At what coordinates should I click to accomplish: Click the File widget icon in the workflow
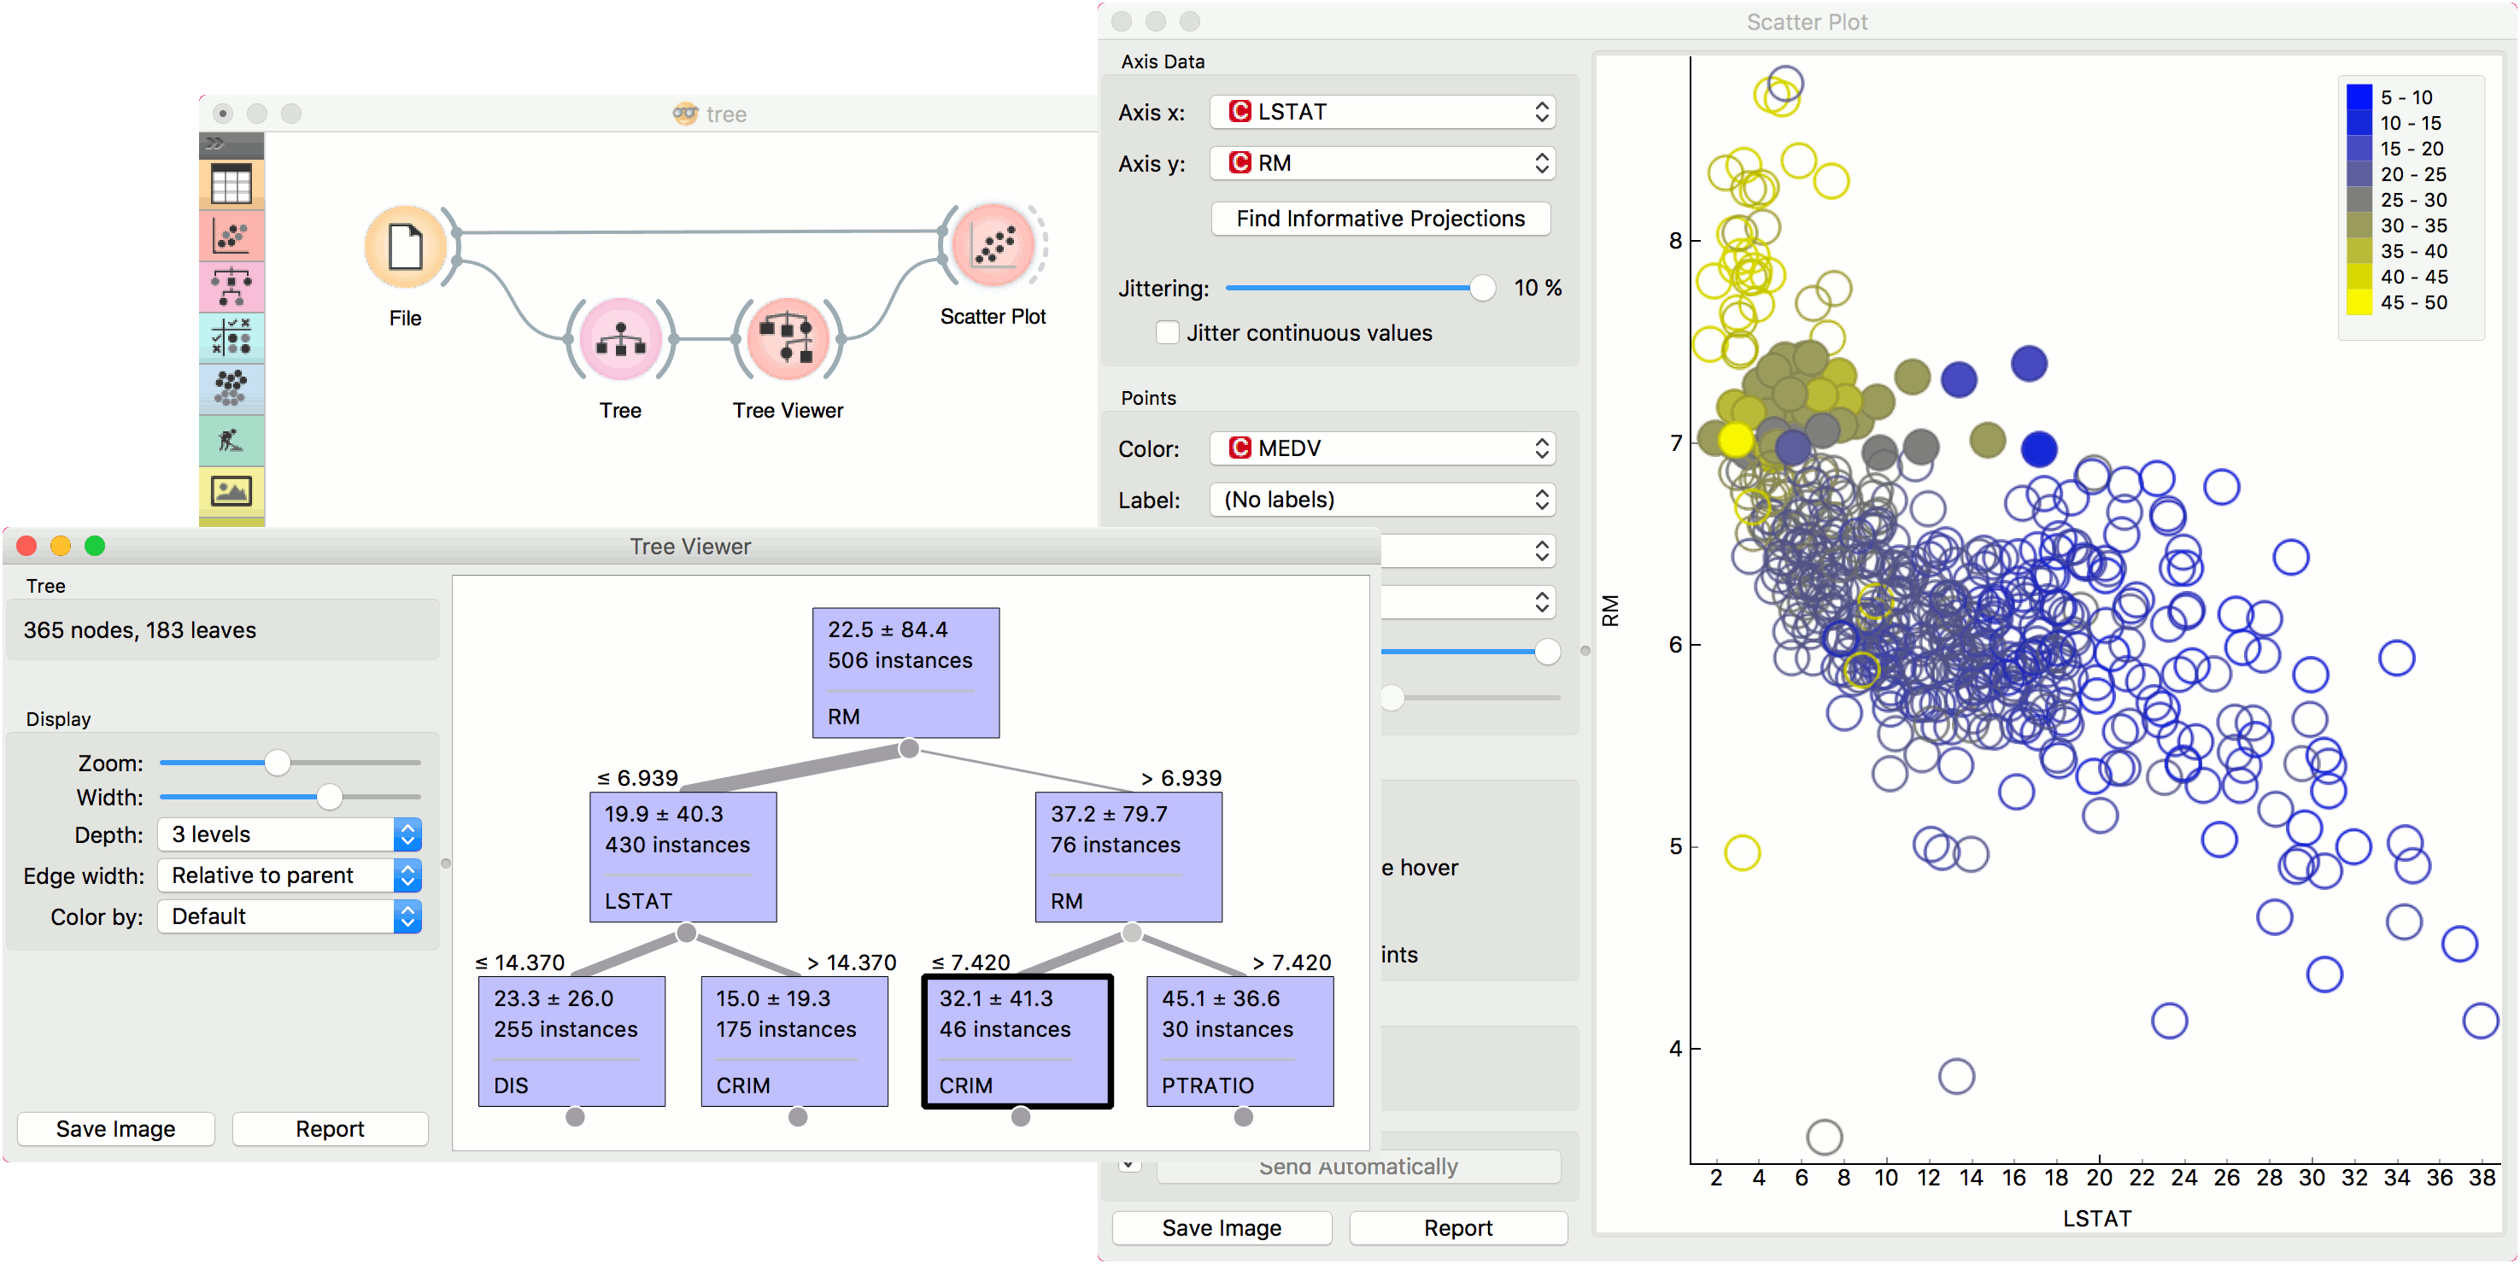[405, 247]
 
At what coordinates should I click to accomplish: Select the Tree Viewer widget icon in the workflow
[788, 338]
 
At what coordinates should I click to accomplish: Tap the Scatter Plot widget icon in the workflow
[993, 244]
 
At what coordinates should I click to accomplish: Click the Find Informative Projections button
[1380, 218]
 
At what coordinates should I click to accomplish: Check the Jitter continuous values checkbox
[1167, 332]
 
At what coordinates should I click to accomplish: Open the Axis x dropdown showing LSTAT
[1381, 112]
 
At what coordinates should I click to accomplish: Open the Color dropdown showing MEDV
[1381, 448]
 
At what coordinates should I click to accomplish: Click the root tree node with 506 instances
[905, 672]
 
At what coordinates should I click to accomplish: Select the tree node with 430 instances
[682, 856]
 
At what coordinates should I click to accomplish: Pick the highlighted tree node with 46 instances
[1017, 1041]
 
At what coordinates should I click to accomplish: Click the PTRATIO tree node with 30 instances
[1239, 1041]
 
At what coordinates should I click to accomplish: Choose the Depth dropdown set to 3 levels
[290, 834]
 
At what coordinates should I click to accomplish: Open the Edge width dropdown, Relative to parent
[290, 875]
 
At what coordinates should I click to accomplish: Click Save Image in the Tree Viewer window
[115, 1129]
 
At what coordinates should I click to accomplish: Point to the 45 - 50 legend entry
[2413, 302]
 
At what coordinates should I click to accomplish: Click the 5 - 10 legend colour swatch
[2359, 97]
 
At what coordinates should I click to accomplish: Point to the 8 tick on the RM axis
[1675, 241]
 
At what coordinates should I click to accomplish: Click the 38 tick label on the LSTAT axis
[2481, 1178]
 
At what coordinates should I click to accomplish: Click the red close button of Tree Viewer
[26, 546]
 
